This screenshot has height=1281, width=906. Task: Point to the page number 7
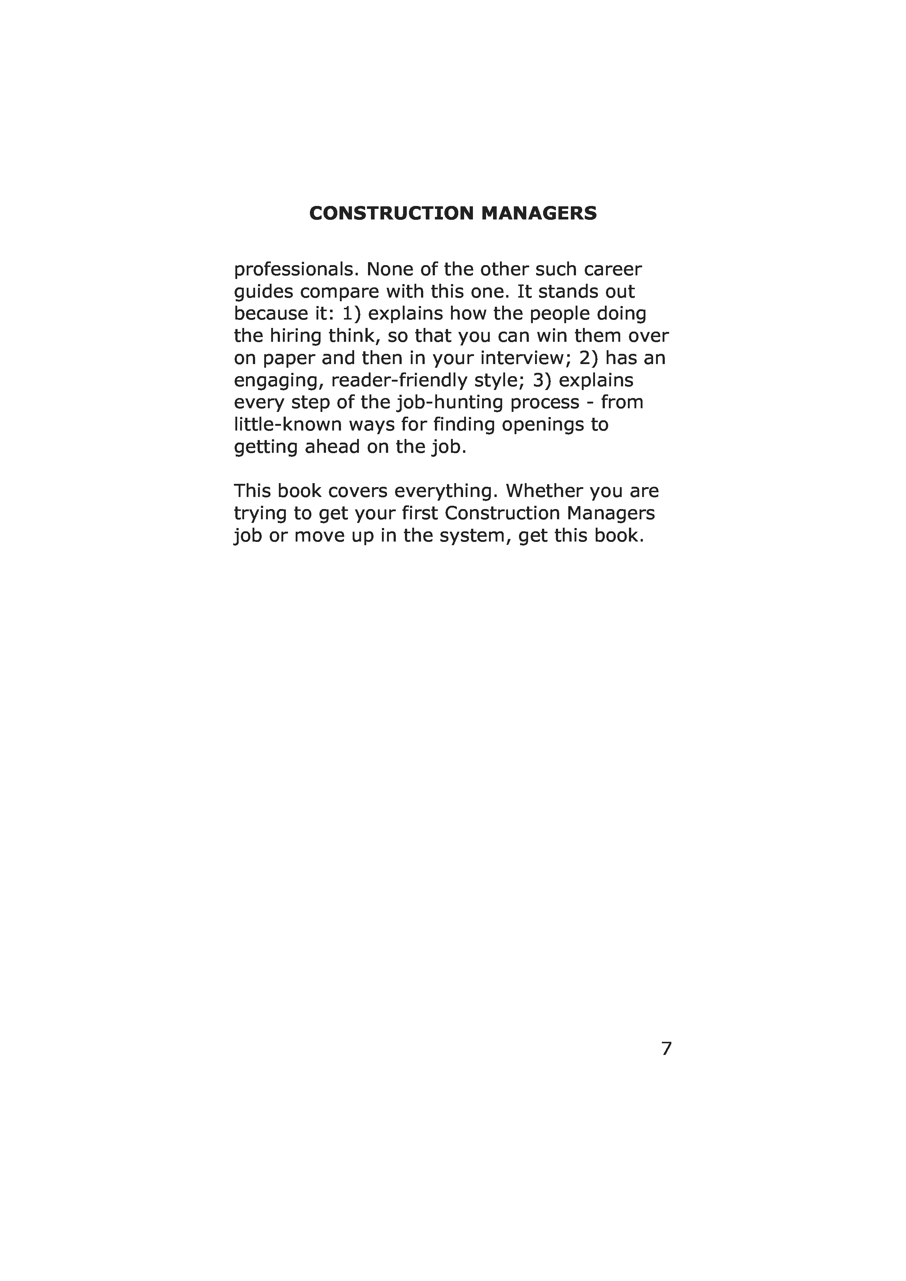coord(666,1048)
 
